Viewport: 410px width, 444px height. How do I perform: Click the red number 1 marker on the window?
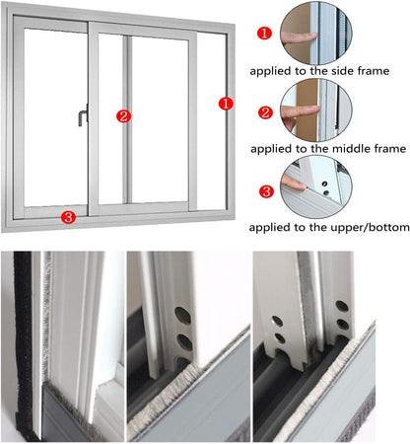pyautogui.click(x=225, y=103)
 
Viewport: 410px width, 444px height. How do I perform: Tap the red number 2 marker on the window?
pyautogui.click(x=123, y=115)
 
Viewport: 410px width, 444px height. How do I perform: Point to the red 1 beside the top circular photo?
pyautogui.click(x=264, y=33)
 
